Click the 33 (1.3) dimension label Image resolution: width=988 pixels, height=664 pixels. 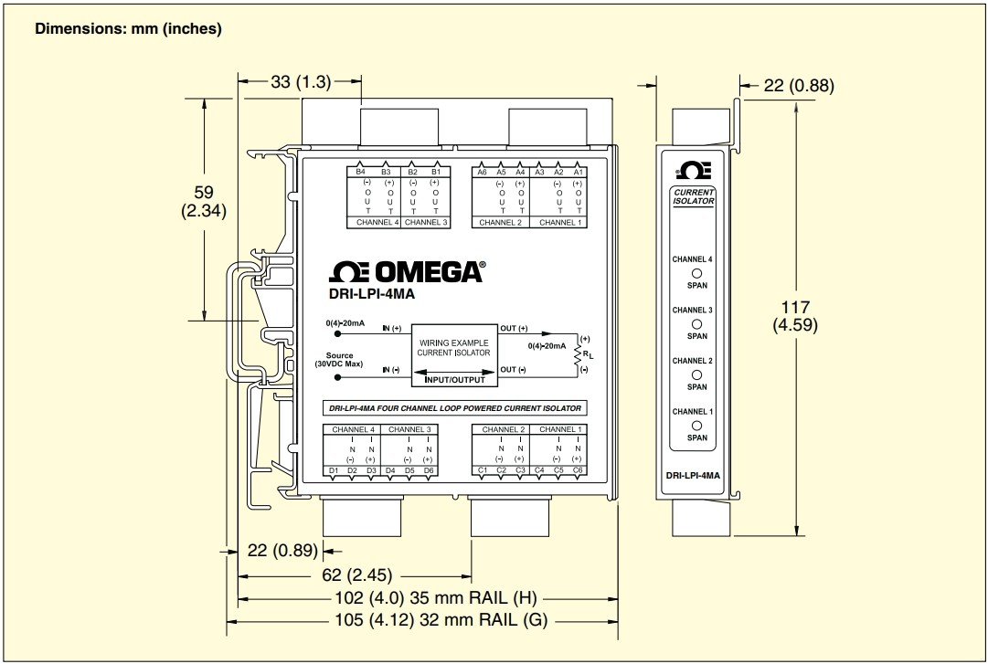coord(301,82)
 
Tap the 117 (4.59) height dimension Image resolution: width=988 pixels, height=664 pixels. coord(795,316)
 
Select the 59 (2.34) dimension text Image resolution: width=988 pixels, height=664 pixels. coord(204,202)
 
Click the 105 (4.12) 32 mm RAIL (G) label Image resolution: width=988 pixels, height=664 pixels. coord(441,620)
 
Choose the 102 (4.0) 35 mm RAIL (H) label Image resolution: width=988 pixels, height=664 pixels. coord(435,598)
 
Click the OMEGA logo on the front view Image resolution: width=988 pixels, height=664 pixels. coord(407,272)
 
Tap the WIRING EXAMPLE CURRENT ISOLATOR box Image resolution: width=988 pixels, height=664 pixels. coord(453,355)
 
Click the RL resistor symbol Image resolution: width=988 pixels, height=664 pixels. coord(577,355)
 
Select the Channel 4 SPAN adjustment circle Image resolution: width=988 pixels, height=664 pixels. coord(696,274)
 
